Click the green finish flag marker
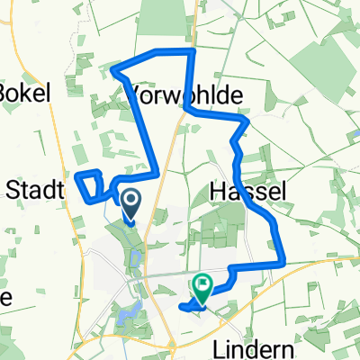(202, 288)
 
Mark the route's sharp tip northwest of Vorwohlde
(112, 68)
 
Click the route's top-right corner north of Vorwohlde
(192, 51)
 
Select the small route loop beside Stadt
(91, 184)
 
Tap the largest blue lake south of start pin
(123, 314)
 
